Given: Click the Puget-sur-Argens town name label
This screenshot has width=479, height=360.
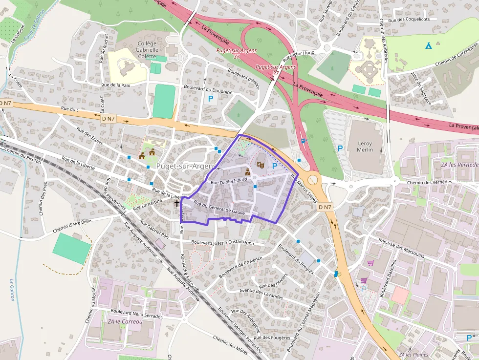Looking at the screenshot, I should tap(186, 166).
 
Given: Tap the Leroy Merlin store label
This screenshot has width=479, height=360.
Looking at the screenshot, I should tap(365, 147).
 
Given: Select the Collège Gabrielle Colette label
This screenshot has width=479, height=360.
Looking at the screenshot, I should tap(147, 49).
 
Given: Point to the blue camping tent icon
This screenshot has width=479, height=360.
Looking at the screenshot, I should tap(428, 46).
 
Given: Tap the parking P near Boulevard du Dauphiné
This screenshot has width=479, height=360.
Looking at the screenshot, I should tap(211, 99).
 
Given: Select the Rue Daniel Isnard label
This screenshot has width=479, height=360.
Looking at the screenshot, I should tap(229, 182).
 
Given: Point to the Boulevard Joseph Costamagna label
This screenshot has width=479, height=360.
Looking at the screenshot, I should tap(223, 242).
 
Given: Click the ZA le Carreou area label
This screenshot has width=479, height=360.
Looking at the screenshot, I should tap(125, 322).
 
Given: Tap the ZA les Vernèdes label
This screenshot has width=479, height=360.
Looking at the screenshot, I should tap(459, 165).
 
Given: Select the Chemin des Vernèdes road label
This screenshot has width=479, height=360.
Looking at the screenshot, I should tap(429, 182).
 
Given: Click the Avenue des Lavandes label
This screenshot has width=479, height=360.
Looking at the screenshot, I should tap(261, 294).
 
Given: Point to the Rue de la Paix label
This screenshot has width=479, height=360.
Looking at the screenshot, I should tap(115, 85).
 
